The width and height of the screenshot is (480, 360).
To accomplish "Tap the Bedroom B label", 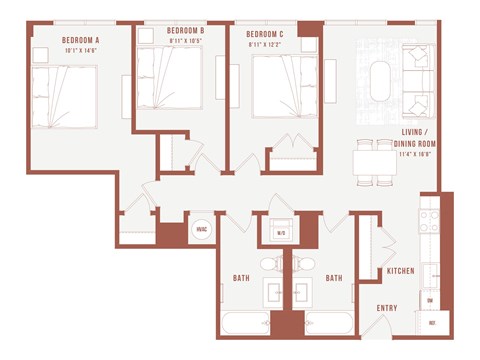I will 185,31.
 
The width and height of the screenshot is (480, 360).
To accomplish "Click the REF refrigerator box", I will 433,323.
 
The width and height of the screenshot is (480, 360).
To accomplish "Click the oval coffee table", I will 381,82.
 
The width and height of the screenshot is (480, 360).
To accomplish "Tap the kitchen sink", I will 429,273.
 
